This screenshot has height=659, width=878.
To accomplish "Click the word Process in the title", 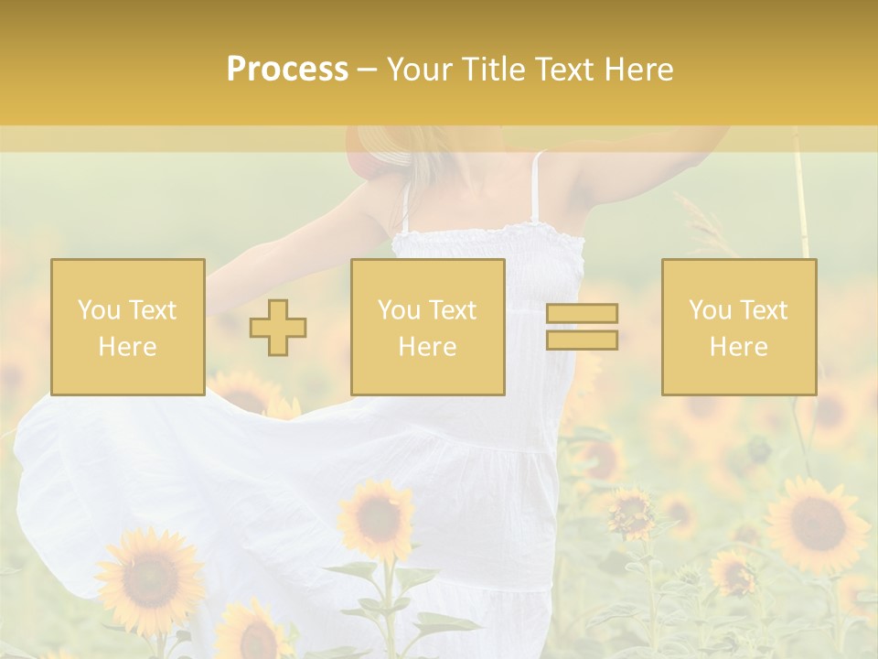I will [x=287, y=70].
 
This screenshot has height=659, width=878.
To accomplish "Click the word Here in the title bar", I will [x=639, y=70].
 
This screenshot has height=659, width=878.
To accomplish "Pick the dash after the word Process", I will [x=367, y=70].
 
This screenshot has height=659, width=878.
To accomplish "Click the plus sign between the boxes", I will [x=278, y=328].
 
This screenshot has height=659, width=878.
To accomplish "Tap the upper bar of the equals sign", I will [x=582, y=314].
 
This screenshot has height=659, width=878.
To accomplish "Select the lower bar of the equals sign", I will [x=582, y=340].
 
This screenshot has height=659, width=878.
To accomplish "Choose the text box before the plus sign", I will [x=127, y=327].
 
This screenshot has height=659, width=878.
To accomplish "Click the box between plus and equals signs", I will [x=427, y=327].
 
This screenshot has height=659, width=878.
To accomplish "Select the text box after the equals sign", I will [x=738, y=327].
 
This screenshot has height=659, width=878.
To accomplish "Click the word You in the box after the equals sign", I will [x=710, y=310].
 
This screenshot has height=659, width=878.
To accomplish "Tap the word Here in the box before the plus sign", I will [x=127, y=346].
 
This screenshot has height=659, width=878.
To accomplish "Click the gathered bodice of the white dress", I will [x=489, y=261].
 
